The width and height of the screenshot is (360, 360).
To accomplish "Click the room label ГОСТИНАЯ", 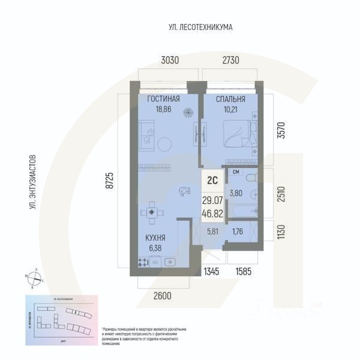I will (162, 100).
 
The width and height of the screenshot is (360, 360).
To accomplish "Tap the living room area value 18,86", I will (162, 110).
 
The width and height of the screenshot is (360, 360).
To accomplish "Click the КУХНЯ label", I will (155, 238).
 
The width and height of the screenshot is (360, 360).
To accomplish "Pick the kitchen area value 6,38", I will (155, 247).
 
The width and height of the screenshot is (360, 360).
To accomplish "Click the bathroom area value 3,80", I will (237, 193).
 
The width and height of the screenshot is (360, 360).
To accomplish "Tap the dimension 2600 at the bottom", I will (163, 295).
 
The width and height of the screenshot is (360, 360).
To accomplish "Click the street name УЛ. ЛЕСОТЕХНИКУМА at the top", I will (200, 28).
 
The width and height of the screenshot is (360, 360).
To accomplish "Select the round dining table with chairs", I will (151, 212).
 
